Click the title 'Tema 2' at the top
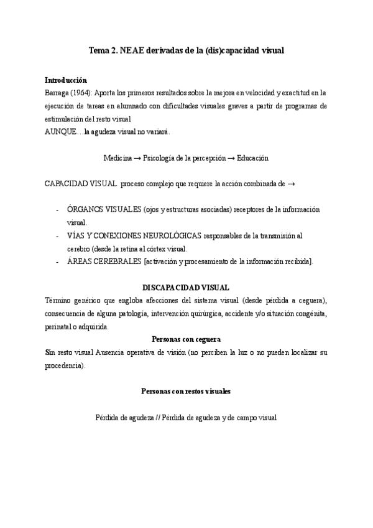coord(102,50)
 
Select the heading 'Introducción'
coord(66,81)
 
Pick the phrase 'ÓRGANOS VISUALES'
coord(104,210)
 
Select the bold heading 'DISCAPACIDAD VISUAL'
coord(186,288)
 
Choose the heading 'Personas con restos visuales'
coord(186,392)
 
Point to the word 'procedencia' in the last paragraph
coord(65,365)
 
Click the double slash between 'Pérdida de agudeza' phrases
coord(157,418)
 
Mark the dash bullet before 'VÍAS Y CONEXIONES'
coord(58,236)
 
